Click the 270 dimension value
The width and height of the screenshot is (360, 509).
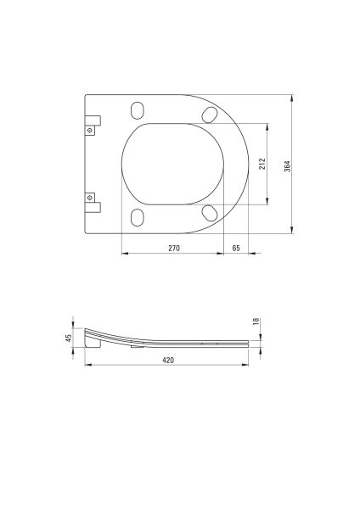174,248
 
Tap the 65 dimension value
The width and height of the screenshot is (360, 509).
236,248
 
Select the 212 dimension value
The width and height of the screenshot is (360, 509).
262,164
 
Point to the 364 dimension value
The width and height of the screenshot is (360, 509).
288,166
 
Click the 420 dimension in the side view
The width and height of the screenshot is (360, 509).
168,360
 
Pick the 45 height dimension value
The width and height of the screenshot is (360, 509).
69,338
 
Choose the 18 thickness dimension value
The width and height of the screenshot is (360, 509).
256,322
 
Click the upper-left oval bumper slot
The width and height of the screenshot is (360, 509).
137,110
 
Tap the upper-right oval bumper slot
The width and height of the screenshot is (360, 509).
210,115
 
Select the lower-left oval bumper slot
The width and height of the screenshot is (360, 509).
137,217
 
